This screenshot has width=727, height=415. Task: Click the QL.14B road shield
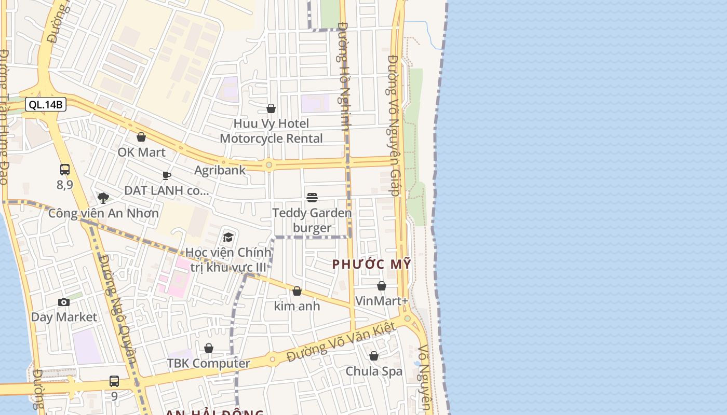pos(46,105)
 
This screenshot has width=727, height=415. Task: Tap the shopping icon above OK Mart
pos(141,137)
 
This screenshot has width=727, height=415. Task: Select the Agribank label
pos(220,170)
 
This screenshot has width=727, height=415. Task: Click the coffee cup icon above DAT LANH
pos(167,175)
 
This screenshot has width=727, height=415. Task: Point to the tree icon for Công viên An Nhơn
pos(103,198)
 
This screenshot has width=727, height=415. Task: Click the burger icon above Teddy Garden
pos(312,197)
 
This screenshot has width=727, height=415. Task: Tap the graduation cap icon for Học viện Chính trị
pos(228,238)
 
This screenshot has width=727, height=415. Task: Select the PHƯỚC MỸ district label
pos(371,264)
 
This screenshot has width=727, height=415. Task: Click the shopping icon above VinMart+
pos(382,286)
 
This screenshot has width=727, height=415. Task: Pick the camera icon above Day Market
pos(64,302)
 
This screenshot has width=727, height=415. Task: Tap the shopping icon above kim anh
pos(297,291)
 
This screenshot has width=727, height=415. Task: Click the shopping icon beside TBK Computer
pos(209,348)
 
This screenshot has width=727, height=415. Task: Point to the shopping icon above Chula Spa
pos(374,356)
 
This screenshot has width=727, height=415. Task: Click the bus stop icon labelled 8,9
pos(65,170)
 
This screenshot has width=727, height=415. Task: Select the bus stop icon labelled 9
pos(114,381)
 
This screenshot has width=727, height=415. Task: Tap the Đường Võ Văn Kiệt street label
pos(341,342)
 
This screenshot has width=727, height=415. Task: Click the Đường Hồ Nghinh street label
pos(344,75)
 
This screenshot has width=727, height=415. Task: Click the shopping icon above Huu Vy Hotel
pos(271,108)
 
